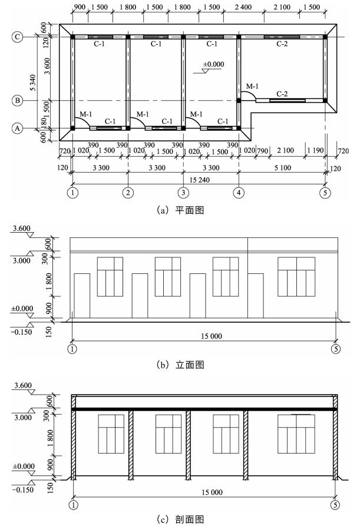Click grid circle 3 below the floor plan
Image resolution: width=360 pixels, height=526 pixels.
[x=183, y=192]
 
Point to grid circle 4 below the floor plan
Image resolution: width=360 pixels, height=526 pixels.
[x=239, y=192]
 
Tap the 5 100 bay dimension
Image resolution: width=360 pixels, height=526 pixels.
[x=282, y=168]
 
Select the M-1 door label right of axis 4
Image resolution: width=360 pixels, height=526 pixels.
[x=252, y=87]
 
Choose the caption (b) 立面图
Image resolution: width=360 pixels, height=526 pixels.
[x=180, y=365]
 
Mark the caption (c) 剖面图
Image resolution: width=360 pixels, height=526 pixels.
[x=180, y=519]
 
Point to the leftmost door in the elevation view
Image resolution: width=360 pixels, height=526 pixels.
[x=82, y=296]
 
